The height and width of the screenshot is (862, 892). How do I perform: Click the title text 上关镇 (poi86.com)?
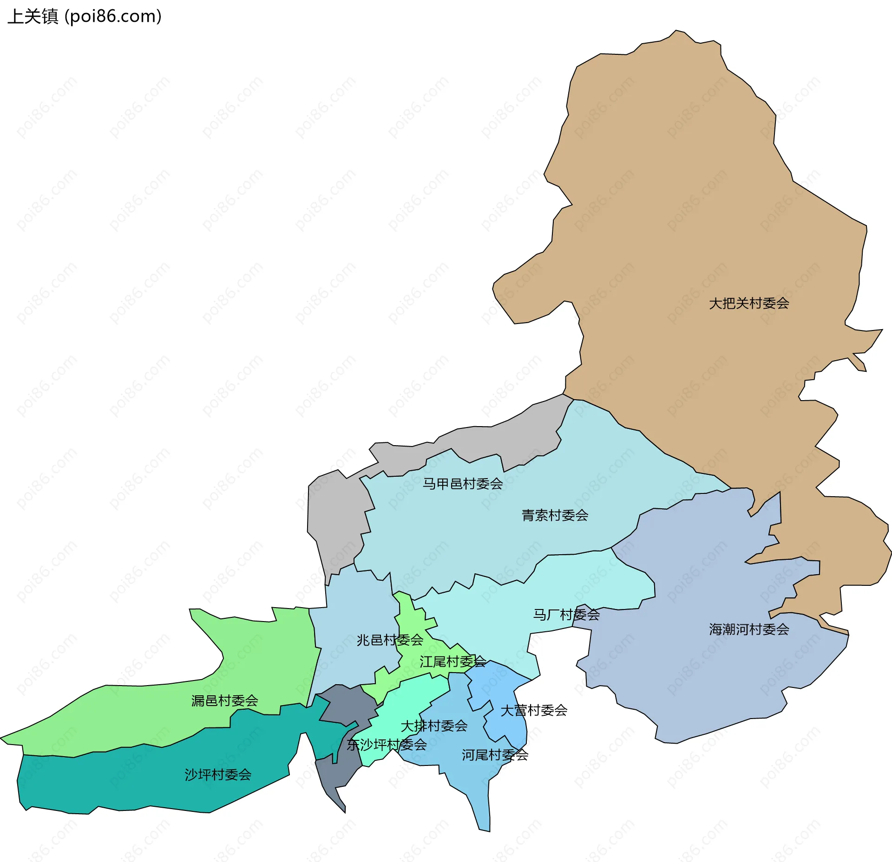tap(85, 17)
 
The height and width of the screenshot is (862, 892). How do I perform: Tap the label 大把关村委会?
tap(748, 304)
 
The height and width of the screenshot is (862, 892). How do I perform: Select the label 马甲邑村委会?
tap(462, 484)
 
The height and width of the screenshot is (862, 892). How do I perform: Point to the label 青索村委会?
tap(555, 515)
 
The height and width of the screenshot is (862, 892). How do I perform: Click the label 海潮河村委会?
tap(748, 629)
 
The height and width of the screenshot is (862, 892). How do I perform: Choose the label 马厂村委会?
tap(566, 615)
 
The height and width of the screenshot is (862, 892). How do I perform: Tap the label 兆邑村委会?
tap(389, 640)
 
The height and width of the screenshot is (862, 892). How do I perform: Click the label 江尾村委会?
tap(452, 662)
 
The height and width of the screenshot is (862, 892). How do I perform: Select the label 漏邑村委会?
tap(224, 700)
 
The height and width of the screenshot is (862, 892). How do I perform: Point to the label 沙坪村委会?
tap(218, 775)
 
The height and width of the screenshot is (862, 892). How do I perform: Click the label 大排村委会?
tap(433, 726)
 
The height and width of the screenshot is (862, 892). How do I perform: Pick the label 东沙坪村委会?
tap(387, 745)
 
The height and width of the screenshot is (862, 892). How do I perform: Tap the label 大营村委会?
tap(533, 710)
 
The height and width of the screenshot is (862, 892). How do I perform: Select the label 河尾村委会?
tap(494, 755)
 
